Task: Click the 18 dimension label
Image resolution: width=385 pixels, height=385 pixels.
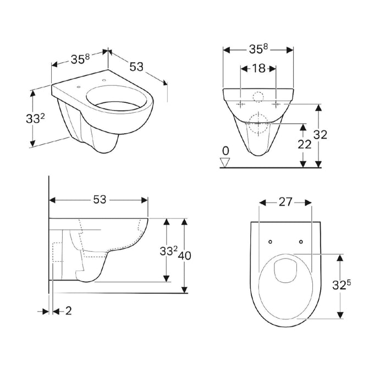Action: coord(258,69)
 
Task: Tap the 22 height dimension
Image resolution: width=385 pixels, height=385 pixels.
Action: coord(305,144)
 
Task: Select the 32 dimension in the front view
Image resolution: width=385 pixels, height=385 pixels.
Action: coord(320,135)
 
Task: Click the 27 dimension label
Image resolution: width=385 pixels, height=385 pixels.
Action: coord(285,202)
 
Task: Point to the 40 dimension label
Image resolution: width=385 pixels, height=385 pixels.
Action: coord(184,256)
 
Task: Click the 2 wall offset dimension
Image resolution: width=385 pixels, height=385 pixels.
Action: coord(69,311)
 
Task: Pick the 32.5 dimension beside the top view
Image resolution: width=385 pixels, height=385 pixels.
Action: coord(342,285)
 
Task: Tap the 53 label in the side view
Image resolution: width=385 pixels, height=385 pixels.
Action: coord(100,200)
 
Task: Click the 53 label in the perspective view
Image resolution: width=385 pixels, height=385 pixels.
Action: coord(136,67)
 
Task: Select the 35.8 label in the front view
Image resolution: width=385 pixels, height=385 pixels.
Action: coord(258,49)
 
